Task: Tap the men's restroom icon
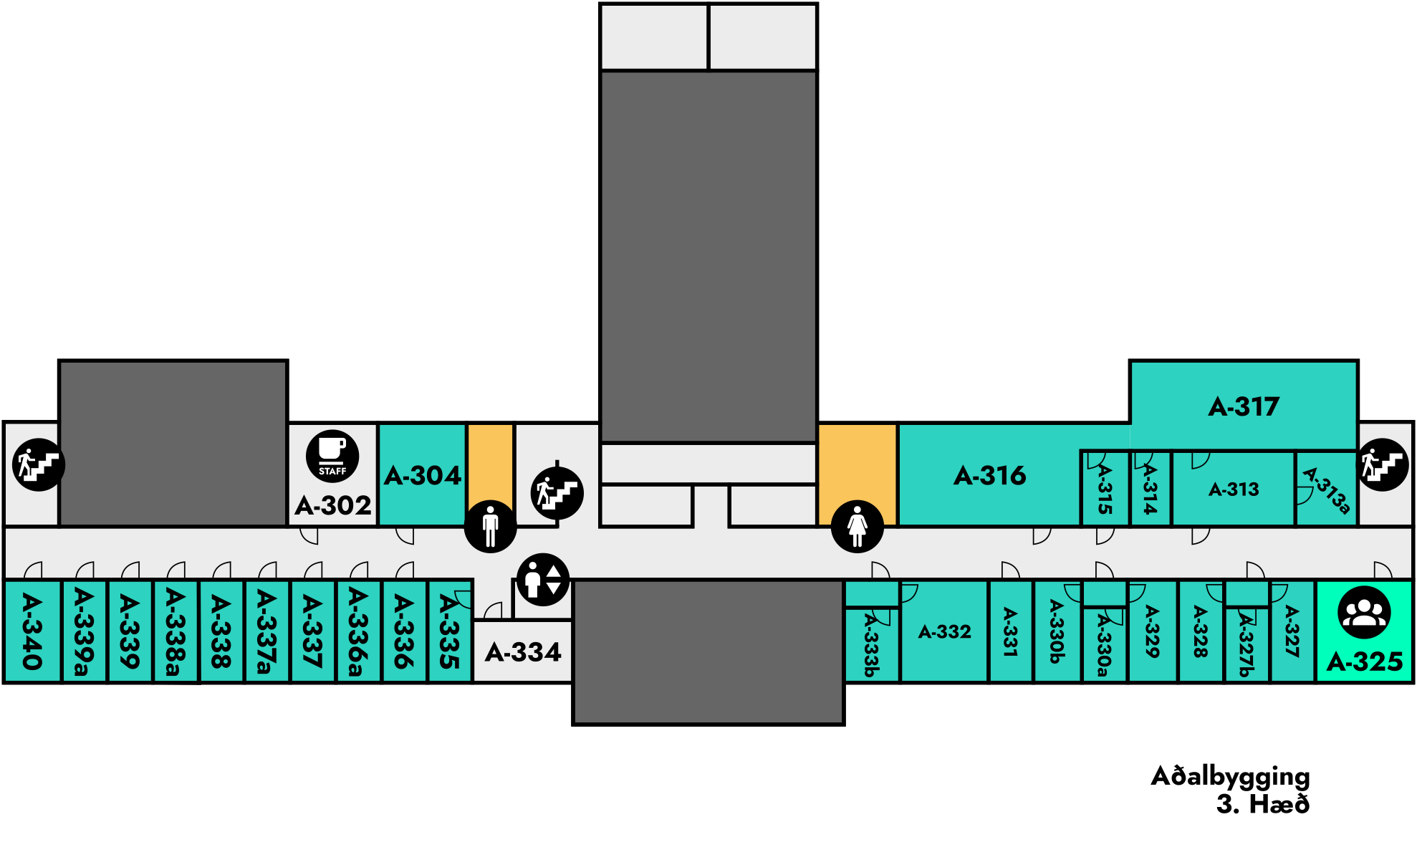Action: pyautogui.click(x=490, y=526)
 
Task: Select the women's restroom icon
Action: pyautogui.click(x=857, y=526)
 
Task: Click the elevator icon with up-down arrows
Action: pyautogui.click(x=543, y=579)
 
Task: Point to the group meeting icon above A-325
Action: pyautogui.click(x=1364, y=612)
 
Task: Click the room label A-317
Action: pyautogui.click(x=1244, y=407)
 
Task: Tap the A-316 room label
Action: pyautogui.click(x=989, y=476)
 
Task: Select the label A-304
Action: pyautogui.click(x=422, y=476)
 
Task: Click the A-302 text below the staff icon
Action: pyautogui.click(x=333, y=506)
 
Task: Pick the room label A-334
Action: pyautogui.click(x=523, y=652)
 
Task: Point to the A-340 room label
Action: pyautogui.click(x=32, y=631)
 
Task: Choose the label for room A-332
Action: pyautogui.click(x=944, y=631)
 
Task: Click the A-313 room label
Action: pyautogui.click(x=1233, y=489)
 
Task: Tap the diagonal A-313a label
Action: pyautogui.click(x=1327, y=490)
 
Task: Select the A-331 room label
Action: pyautogui.click(x=1010, y=632)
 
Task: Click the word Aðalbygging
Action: pyautogui.click(x=1230, y=777)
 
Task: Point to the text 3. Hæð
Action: pyautogui.click(x=1262, y=804)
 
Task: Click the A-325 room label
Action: pyautogui.click(x=1364, y=661)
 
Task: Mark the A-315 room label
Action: pyautogui.click(x=1105, y=489)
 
